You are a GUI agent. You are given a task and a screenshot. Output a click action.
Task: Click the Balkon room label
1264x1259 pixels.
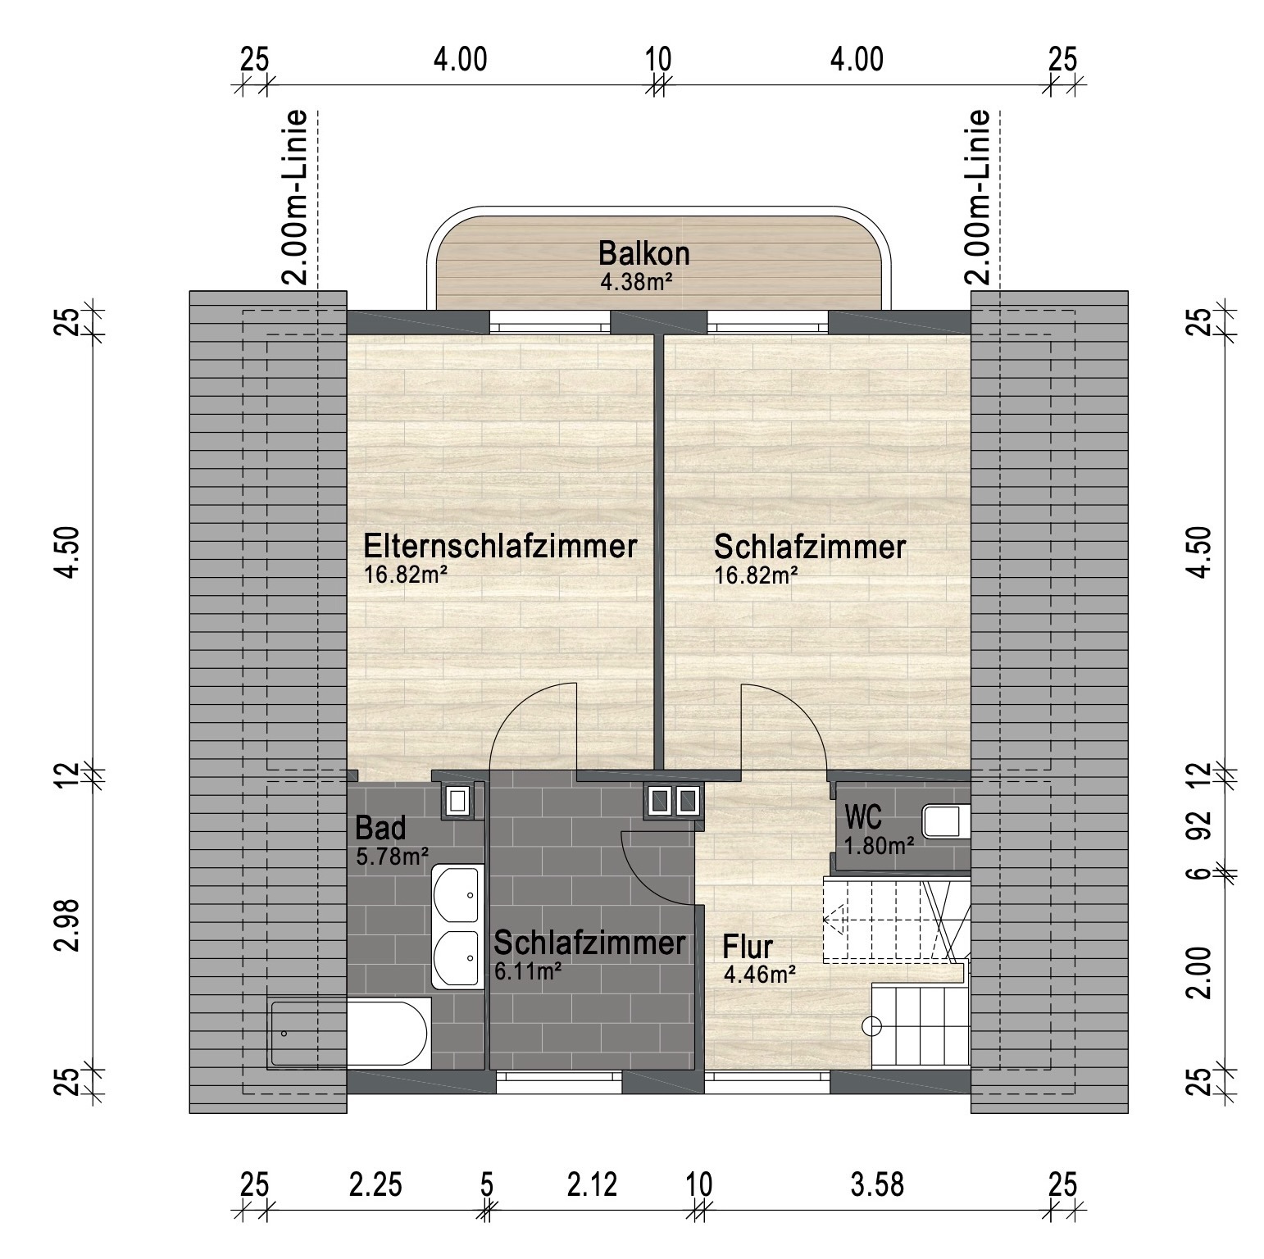pyautogui.click(x=643, y=253)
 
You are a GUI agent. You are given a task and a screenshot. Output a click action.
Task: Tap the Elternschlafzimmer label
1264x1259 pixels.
pyautogui.click(x=500, y=546)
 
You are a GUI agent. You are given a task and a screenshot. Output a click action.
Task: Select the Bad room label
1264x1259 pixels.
pyautogui.click(x=380, y=829)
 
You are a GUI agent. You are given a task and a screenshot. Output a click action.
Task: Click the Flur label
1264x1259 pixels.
pyautogui.click(x=748, y=948)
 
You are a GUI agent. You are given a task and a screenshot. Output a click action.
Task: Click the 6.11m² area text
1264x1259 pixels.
pyautogui.click(x=528, y=972)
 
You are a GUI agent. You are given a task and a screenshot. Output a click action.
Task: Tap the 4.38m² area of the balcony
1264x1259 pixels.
pyautogui.click(x=637, y=283)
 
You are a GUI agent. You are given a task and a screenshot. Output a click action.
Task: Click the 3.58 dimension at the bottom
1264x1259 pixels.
pyautogui.click(x=876, y=1185)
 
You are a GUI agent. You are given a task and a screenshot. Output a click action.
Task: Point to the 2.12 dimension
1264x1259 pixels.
pyautogui.click(x=590, y=1185)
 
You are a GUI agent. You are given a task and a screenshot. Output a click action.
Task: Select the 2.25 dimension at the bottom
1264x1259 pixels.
pyautogui.click(x=375, y=1185)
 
